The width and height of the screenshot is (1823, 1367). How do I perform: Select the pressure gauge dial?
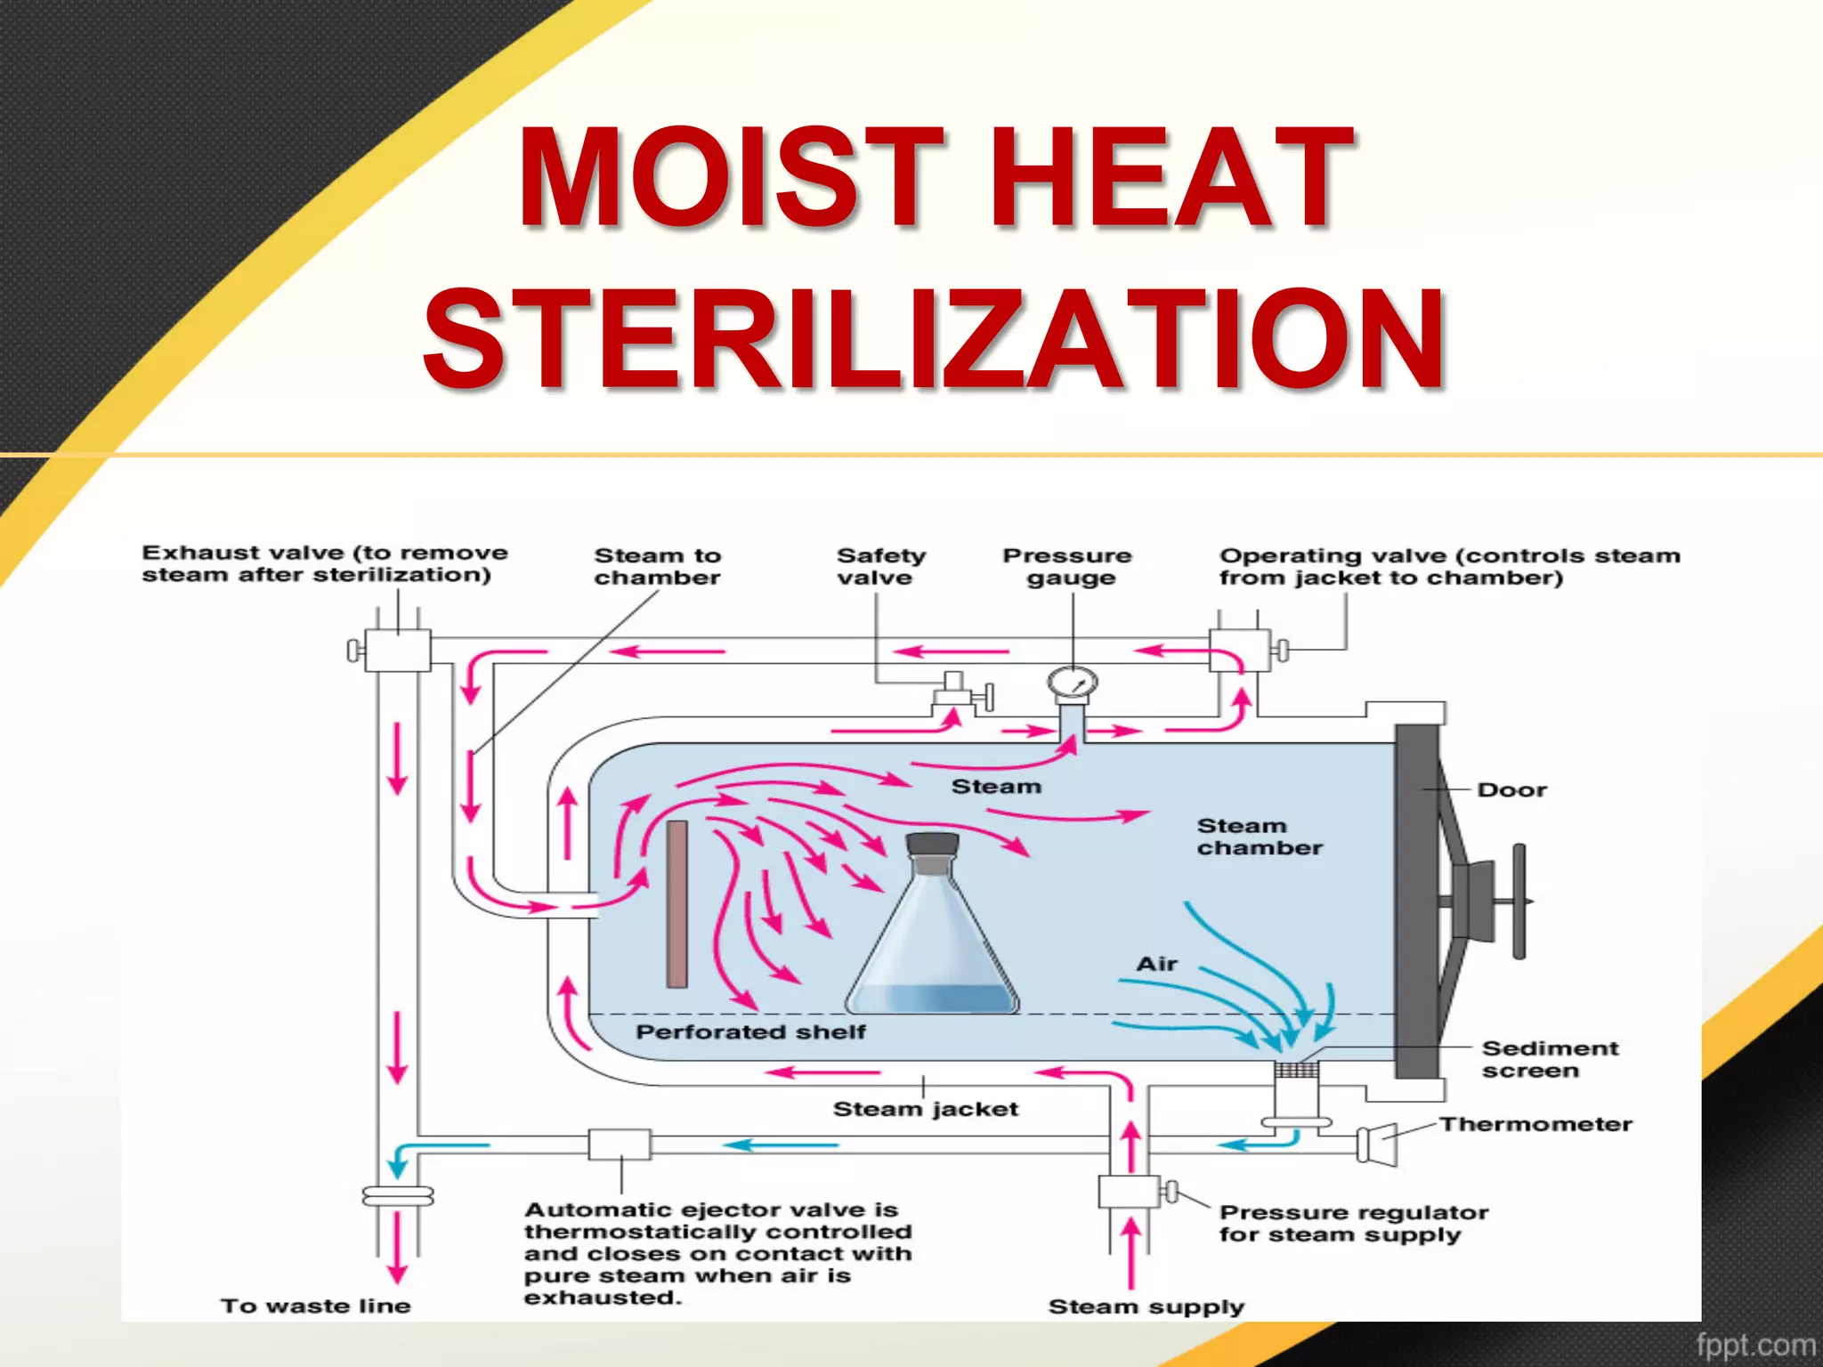tap(1072, 683)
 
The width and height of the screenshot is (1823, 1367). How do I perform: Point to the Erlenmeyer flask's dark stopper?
tap(932, 843)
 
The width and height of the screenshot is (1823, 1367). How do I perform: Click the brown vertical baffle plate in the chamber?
tap(677, 903)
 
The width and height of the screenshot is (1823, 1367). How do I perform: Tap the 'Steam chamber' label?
tap(1259, 837)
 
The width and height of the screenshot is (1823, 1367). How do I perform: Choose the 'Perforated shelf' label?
tap(749, 1032)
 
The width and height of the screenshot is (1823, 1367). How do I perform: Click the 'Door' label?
tap(1511, 790)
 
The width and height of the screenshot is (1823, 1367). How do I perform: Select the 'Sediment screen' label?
tap(1549, 1059)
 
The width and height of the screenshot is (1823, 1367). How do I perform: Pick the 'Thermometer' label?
tap(1535, 1124)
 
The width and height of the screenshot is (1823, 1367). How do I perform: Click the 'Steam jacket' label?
tap(925, 1109)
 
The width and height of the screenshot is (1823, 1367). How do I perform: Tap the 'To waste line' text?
tap(315, 1306)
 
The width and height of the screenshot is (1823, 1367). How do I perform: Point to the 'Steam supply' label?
tap(1146, 1306)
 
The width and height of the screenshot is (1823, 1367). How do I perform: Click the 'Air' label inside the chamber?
tap(1156, 964)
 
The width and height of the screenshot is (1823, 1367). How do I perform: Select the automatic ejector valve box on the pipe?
tap(620, 1145)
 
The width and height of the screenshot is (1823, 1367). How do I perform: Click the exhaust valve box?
tap(398, 651)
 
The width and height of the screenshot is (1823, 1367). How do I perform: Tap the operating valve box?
tap(1239, 651)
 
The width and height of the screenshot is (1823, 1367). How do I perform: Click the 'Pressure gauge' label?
tap(1067, 567)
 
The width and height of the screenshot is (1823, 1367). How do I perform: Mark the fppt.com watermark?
tap(1754, 1345)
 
